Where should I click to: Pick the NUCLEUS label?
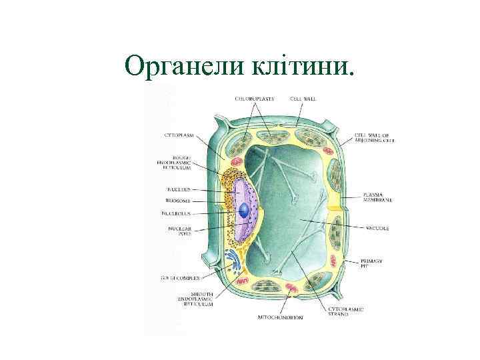pyautogui.click(x=177, y=189)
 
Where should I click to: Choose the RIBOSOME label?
pyautogui.click(x=177, y=200)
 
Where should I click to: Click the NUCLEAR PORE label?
pyautogui.click(x=179, y=231)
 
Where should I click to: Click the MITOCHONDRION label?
pyautogui.click(x=281, y=318)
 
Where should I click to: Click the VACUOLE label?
pyautogui.click(x=376, y=229)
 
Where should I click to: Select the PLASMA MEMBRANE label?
pyautogui.click(x=377, y=197)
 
